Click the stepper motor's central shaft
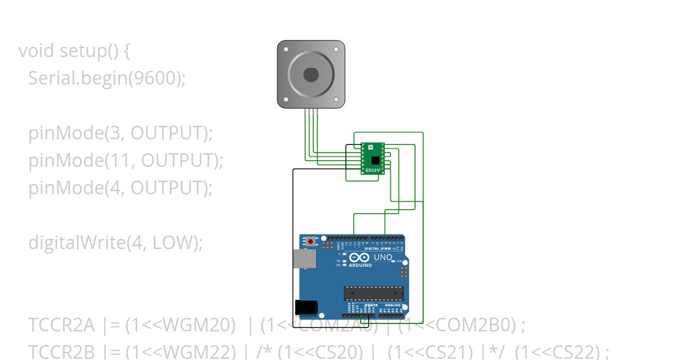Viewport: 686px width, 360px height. (x=311, y=74)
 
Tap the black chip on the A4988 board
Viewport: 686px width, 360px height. (x=374, y=161)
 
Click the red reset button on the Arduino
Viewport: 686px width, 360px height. (x=310, y=241)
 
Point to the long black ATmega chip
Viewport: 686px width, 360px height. (x=374, y=293)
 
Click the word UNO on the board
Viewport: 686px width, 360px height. (x=383, y=258)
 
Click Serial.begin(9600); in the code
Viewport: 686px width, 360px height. (x=107, y=78)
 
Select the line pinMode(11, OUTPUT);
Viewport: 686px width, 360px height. (x=126, y=161)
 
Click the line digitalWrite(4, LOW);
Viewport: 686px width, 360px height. (x=116, y=243)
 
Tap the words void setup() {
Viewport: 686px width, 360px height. (x=74, y=51)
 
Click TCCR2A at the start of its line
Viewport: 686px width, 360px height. (x=61, y=325)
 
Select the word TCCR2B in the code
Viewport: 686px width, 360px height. (x=61, y=351)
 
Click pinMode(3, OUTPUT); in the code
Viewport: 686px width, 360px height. (x=121, y=133)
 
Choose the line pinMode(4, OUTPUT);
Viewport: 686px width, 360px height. (x=121, y=188)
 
